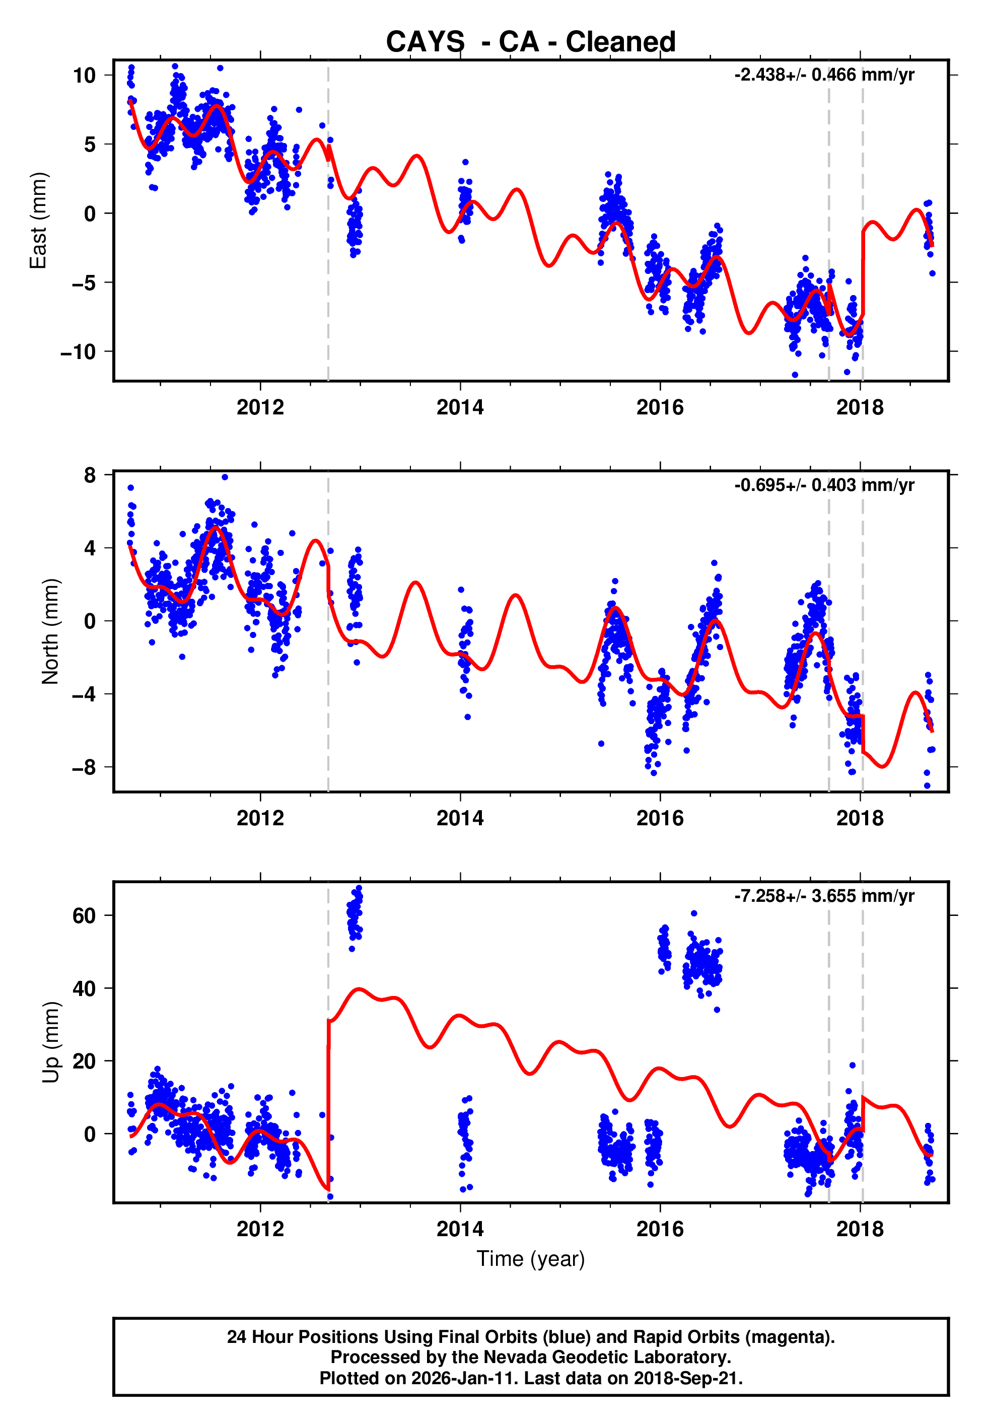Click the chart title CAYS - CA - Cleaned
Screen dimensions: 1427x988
531,42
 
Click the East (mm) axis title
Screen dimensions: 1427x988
38,221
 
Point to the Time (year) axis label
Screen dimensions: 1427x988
531,1259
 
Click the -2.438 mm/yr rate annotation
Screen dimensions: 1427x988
824,75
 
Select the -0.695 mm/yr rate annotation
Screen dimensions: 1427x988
824,485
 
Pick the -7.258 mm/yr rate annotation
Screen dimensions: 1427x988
824,896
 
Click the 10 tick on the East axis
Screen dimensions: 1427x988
84,76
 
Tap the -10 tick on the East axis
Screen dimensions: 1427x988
78,352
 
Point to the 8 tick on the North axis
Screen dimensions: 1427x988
90,475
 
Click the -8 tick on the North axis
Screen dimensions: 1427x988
84,768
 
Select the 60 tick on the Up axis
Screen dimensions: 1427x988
84,916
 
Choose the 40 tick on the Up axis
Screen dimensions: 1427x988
84,989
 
